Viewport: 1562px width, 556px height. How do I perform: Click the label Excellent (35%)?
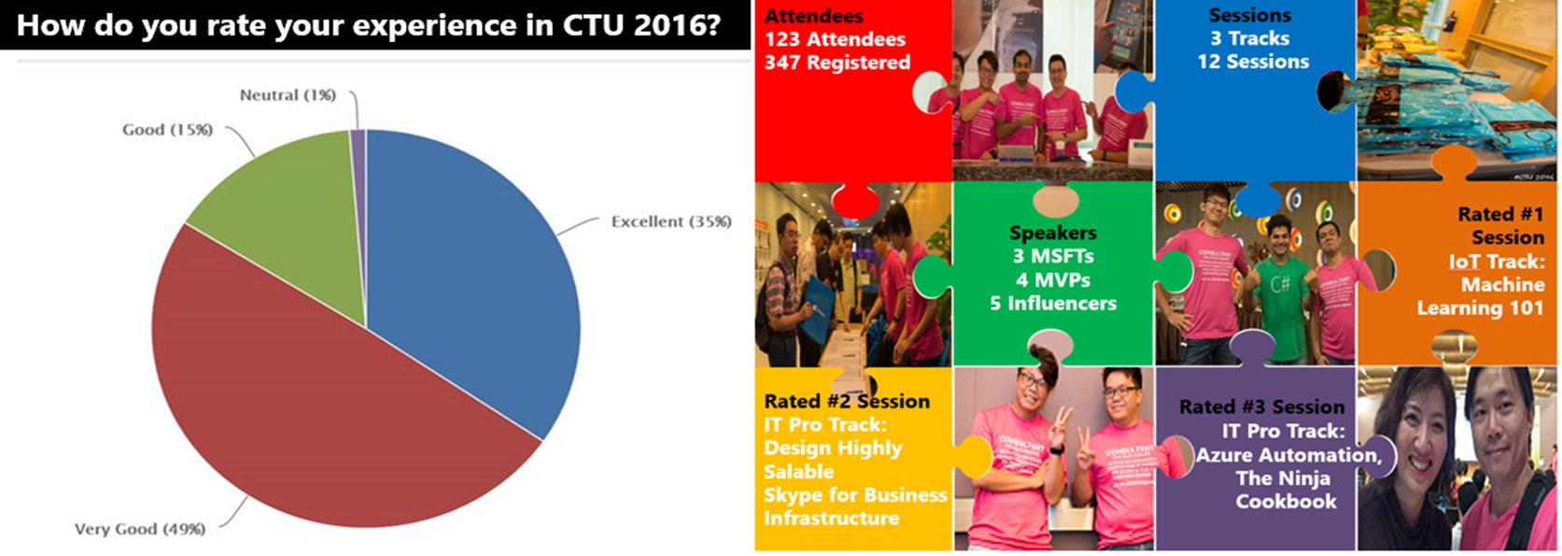tap(671, 222)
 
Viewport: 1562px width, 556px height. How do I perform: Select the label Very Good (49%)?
tap(140, 529)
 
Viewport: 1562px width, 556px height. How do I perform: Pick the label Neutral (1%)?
tap(288, 95)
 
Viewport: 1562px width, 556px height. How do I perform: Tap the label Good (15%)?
tap(167, 130)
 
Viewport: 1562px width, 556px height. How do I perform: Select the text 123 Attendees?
tap(835, 39)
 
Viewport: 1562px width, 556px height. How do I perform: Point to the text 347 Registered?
tap(837, 63)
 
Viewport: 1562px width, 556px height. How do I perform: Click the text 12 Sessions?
tap(1253, 62)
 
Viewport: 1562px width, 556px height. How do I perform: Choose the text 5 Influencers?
tap(1053, 303)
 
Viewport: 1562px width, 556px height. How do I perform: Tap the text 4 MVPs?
tap(1053, 279)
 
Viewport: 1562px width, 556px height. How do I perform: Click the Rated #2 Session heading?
tap(847, 401)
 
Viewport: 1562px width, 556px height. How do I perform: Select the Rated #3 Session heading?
tap(1261, 406)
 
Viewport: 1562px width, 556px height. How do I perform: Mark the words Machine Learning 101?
tap(1481, 296)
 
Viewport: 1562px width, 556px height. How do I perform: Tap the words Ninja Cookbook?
tap(1286, 490)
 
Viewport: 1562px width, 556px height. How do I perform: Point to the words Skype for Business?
tap(855, 495)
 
